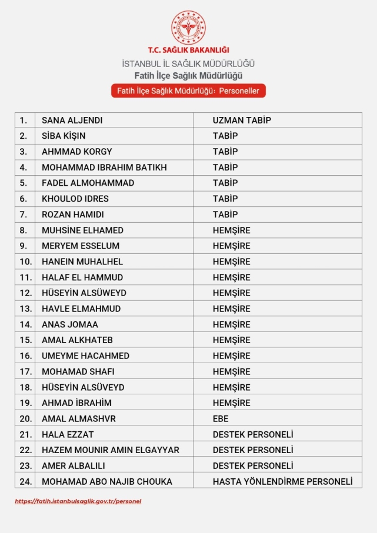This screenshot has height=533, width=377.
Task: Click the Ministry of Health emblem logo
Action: click(x=188, y=27)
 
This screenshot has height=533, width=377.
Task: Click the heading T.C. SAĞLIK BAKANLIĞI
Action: click(x=188, y=51)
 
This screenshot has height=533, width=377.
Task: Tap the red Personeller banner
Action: click(x=188, y=91)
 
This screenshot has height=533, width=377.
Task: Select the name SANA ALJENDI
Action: click(x=72, y=120)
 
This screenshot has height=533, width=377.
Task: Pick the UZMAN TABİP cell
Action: click(x=242, y=120)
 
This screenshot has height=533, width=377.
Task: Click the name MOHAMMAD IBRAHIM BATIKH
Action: click(x=104, y=167)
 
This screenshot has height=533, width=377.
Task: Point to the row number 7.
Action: click(x=24, y=214)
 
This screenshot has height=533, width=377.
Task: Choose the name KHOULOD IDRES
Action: click(x=75, y=199)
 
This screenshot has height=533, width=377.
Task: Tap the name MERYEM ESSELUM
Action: click(x=81, y=246)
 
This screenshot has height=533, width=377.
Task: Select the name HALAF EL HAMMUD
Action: click(x=82, y=277)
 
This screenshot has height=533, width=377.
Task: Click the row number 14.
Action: click(x=25, y=324)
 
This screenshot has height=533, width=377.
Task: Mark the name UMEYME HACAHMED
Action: click(x=85, y=356)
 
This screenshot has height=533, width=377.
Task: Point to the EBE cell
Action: click(x=221, y=419)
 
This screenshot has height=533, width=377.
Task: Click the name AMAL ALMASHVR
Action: click(x=79, y=419)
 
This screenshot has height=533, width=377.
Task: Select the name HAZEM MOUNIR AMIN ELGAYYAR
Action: click(x=111, y=450)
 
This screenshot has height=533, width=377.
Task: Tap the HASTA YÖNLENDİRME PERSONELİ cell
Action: click(x=282, y=482)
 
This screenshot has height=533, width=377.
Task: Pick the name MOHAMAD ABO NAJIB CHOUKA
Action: click(x=107, y=482)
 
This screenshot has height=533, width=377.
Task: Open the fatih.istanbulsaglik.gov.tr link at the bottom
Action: click(x=78, y=501)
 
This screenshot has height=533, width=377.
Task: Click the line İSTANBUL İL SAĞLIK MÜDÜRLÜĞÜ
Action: click(x=188, y=63)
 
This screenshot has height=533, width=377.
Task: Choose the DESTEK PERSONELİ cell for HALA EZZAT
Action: click(x=253, y=435)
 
